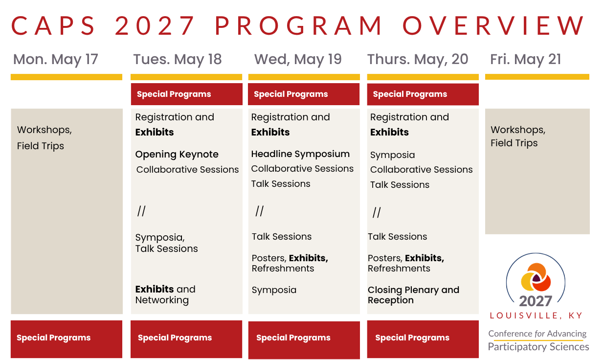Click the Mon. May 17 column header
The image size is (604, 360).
coord(56,60)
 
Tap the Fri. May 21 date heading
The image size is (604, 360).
coord(526,60)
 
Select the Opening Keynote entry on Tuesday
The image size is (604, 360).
coord(177,155)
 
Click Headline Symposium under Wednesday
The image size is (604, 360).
coord(300,154)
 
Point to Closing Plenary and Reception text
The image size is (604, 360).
coord(413,295)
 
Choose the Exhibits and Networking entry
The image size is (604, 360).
coord(165,294)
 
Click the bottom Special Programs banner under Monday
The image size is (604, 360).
coord(67,339)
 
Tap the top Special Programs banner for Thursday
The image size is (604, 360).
coord(423,94)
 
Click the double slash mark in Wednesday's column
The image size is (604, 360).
coord(259,211)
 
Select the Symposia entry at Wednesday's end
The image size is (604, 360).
coord(274,290)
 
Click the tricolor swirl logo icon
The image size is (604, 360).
coord(536,277)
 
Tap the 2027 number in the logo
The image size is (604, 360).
coord(536,301)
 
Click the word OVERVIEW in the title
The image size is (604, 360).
coord(493,26)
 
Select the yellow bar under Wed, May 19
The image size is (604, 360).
coord(304,77)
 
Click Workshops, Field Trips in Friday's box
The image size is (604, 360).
coord(518,136)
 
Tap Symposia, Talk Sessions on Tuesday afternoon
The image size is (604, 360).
coord(166,243)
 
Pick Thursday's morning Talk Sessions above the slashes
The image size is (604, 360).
coord(400,185)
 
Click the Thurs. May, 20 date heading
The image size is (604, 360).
coord(418,60)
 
